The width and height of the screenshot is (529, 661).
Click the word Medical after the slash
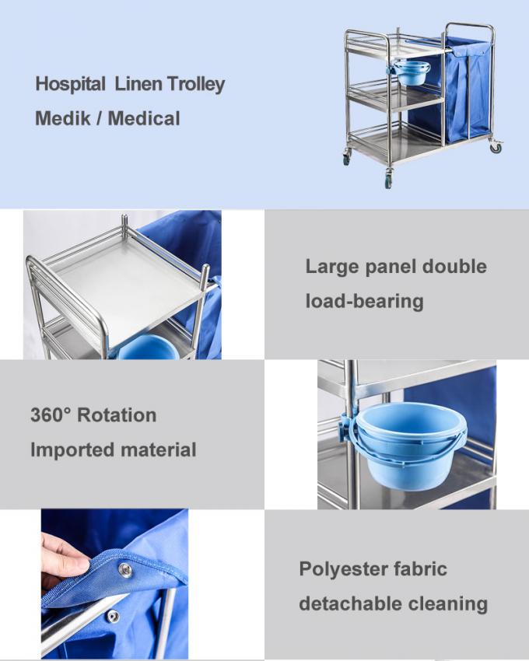coord(144,119)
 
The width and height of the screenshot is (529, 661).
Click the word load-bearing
coord(364,301)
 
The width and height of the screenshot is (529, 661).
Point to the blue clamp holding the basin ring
coord(346,427)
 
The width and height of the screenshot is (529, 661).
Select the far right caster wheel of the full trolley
coord(496,147)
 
